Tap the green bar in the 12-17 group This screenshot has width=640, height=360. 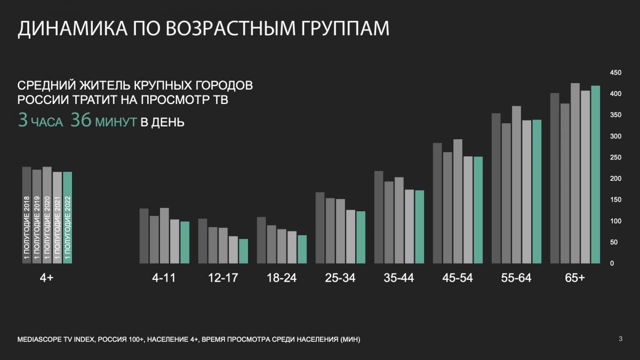pyautogui.click(x=243, y=251)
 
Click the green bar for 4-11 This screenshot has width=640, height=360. pyautogui.click(x=185, y=242)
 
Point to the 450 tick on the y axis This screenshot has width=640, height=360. pyautogui.click(x=615, y=73)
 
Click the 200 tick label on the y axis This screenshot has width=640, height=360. pyautogui.click(x=615, y=179)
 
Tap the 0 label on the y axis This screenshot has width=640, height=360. pyautogui.click(x=612, y=263)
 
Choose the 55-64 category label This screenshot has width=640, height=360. pyautogui.click(x=516, y=278)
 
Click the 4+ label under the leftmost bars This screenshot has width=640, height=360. pyautogui.click(x=47, y=278)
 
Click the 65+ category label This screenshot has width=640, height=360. pyautogui.click(x=575, y=278)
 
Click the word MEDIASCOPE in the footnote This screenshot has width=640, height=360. pyautogui.click(x=39, y=340)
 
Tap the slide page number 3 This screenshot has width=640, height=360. pyautogui.click(x=620, y=339)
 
